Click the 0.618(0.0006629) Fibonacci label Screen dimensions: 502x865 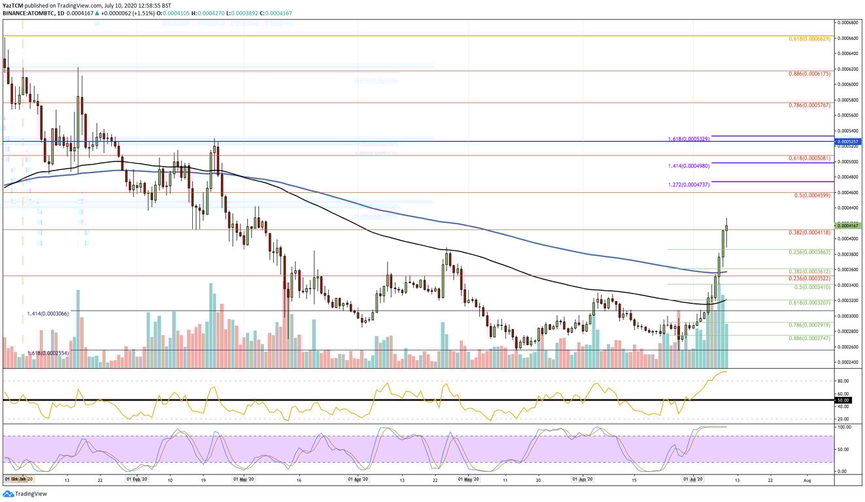click(809, 39)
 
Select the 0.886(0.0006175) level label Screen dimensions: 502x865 click(809, 74)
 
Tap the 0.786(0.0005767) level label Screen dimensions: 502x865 click(809, 105)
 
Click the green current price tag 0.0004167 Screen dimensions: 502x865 click(849, 226)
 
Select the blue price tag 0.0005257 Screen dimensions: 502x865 click(849, 141)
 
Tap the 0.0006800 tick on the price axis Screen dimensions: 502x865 click(849, 22)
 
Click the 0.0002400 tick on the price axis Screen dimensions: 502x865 click(849, 362)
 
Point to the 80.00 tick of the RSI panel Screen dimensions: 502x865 click(843, 380)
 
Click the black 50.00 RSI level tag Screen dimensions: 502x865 click(843, 399)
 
